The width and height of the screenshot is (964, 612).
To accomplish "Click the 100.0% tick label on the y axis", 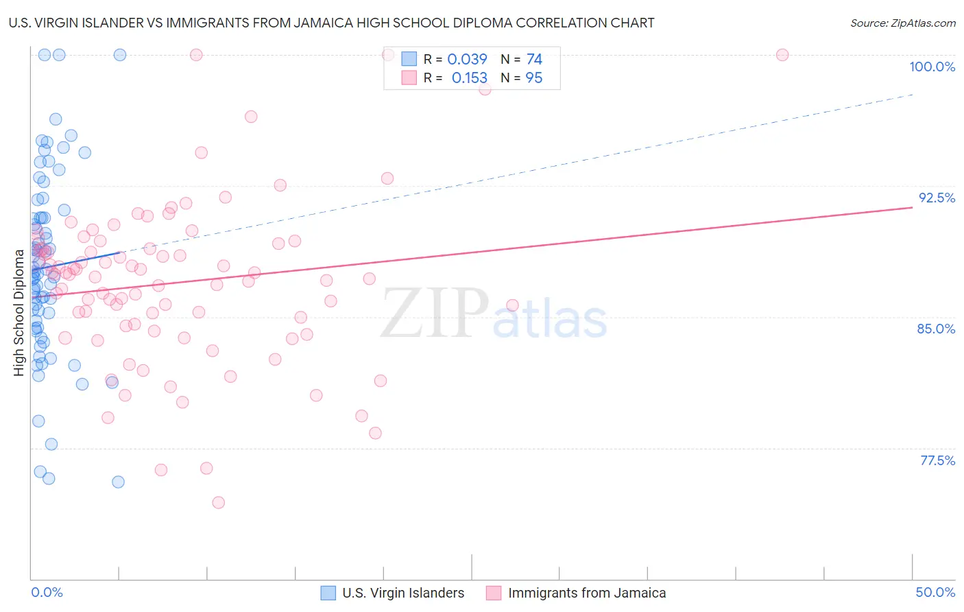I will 932,67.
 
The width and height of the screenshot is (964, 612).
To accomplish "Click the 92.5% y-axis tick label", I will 937,198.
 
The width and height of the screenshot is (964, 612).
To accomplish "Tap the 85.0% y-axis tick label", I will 936,329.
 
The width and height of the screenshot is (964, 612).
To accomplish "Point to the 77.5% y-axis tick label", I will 937,460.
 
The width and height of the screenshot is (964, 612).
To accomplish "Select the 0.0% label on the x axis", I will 47,592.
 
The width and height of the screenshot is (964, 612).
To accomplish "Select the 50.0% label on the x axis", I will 935,592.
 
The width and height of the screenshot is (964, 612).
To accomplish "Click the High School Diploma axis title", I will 19,313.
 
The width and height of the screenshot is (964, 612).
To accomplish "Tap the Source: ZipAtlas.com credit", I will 902,23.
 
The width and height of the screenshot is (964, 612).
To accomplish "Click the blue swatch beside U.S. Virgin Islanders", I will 328,593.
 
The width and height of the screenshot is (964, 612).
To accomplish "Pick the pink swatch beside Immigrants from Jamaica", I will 494,593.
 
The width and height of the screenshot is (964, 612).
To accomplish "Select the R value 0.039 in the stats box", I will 467,59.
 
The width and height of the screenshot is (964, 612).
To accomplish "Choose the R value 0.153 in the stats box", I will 469,78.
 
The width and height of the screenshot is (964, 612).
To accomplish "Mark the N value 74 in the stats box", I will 534,59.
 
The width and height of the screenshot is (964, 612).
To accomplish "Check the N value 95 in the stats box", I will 533,78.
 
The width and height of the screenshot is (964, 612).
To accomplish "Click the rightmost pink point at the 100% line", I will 782,55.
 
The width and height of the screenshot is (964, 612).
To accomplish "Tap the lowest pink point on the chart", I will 219,502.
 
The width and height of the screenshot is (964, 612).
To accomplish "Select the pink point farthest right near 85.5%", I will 512,305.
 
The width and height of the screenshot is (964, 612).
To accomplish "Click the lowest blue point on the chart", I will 118,482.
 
